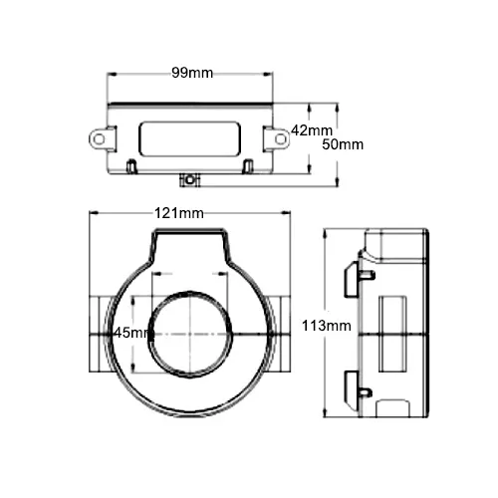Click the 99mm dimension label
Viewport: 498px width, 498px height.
pos(191,73)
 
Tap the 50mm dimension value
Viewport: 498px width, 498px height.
pos(344,144)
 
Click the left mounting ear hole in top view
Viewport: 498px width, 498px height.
pos(100,139)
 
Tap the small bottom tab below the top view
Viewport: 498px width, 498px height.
pos(187,180)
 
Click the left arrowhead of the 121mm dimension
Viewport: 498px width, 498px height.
pos(93,213)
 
